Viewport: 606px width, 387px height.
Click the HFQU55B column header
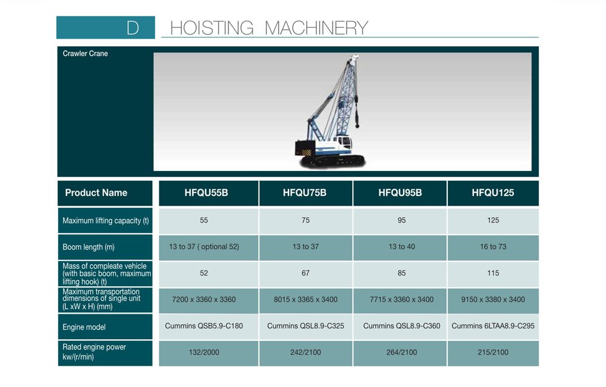pos(206,193)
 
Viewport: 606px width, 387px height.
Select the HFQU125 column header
pos(493,193)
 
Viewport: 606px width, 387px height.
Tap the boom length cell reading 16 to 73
pos(493,246)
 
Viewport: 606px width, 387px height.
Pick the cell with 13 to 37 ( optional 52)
pos(204,246)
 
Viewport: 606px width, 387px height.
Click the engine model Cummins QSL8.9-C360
pos(402,326)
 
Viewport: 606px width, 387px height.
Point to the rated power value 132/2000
pos(204,352)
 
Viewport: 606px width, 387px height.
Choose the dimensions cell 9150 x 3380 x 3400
pos(493,299)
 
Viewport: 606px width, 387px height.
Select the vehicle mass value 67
pos(305,273)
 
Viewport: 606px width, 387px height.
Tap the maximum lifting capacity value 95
pos(402,220)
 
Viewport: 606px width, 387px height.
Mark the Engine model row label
pos(84,327)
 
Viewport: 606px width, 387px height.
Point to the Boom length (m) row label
pos(88,247)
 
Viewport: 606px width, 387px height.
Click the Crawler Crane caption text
pos(85,53)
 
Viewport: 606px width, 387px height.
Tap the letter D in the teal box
pos(133,28)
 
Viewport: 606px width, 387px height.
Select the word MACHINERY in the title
pos(316,28)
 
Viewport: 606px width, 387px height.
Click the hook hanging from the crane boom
pos(356,119)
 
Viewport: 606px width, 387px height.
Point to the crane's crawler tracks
pos(332,160)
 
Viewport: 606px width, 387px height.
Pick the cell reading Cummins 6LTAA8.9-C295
pos(493,326)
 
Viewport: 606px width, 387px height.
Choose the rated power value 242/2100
pos(305,352)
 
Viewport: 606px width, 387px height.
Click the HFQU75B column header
pos(305,193)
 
